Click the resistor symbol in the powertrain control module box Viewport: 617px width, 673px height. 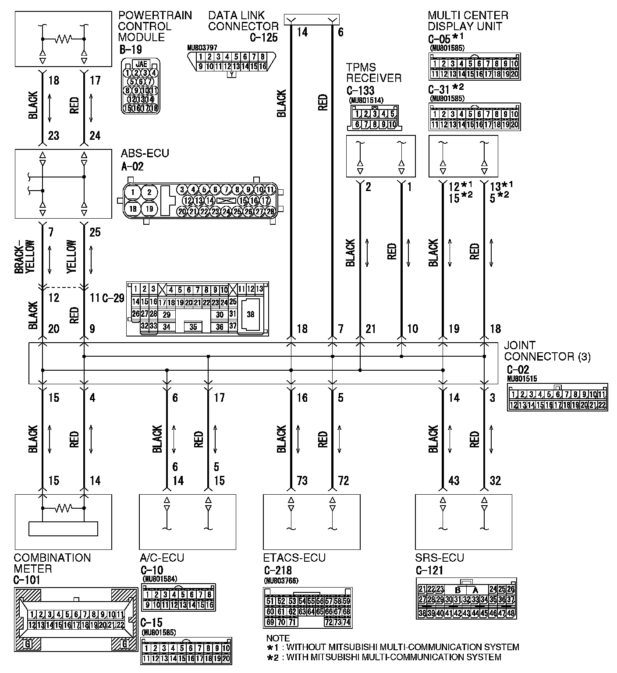click(63, 39)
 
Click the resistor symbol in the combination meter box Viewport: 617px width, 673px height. click(63, 508)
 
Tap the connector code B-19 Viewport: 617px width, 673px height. click(131, 49)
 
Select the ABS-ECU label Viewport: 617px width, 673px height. click(145, 154)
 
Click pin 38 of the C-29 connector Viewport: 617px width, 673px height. click(251, 314)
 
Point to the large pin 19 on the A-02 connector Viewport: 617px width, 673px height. click(149, 209)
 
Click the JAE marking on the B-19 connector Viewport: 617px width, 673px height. click(141, 64)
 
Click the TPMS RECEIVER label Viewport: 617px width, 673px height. click(374, 73)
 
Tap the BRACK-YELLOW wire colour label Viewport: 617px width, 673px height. click(24, 257)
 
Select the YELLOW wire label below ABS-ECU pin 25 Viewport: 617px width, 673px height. click(72, 257)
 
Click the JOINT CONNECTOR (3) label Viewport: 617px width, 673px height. click(547, 351)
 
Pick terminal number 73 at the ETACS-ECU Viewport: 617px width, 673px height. click(302, 481)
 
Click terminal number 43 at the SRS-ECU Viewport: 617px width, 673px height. click(454, 481)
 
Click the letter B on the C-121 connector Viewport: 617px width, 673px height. click(458, 589)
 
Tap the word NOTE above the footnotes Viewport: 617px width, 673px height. click(278, 638)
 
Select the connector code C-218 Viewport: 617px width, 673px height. click(278, 570)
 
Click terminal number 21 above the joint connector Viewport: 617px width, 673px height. click(371, 329)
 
